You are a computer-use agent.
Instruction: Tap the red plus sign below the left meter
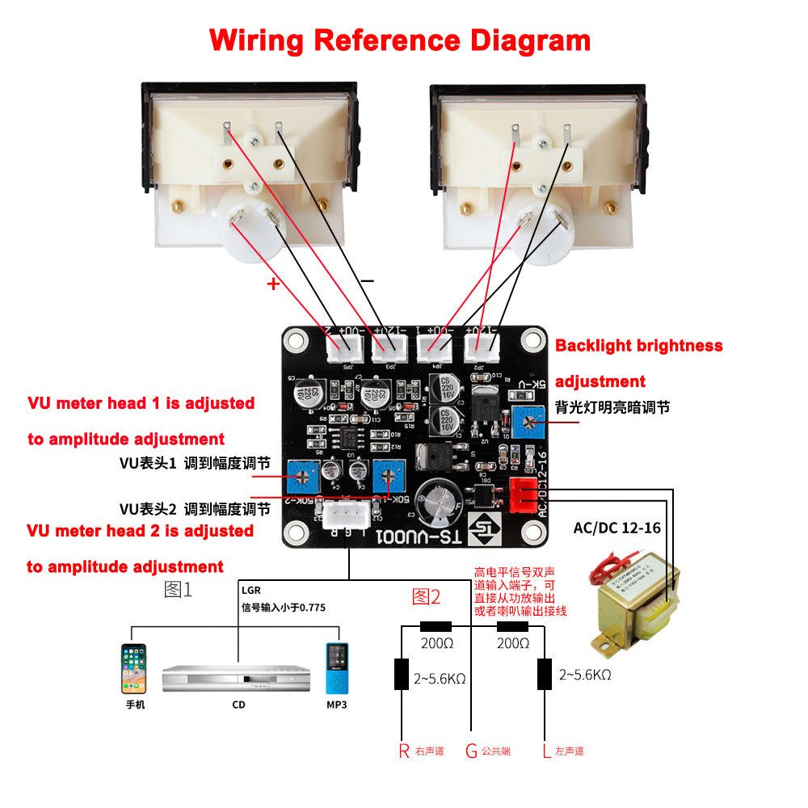pyautogui.click(x=273, y=284)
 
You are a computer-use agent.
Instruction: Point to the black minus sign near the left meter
pyautogui.click(x=368, y=280)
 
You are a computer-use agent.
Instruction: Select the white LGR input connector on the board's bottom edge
pyautogui.click(x=347, y=514)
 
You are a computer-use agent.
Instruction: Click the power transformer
pyautogui.click(x=637, y=599)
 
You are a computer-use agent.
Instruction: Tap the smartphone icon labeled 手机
pyautogui.click(x=134, y=668)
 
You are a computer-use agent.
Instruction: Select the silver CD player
pyautogui.click(x=237, y=679)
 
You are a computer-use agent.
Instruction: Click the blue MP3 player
pyautogui.click(x=336, y=669)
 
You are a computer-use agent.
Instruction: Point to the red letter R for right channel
pyautogui.click(x=404, y=751)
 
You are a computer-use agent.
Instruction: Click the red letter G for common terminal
pyautogui.click(x=471, y=751)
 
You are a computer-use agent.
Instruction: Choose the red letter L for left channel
pyautogui.click(x=547, y=751)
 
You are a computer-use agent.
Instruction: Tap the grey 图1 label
pyautogui.click(x=178, y=590)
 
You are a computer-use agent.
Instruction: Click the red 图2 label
pyautogui.click(x=427, y=597)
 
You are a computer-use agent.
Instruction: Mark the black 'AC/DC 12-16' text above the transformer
pyautogui.click(x=617, y=528)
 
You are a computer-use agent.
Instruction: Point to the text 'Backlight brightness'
pyautogui.click(x=638, y=346)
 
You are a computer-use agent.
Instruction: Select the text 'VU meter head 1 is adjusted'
pyautogui.click(x=141, y=403)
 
